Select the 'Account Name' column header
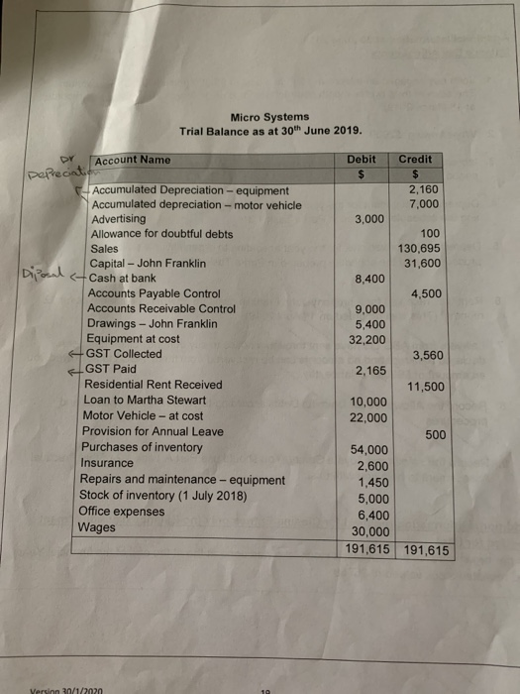point(133,160)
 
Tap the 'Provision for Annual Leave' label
point(152,431)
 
